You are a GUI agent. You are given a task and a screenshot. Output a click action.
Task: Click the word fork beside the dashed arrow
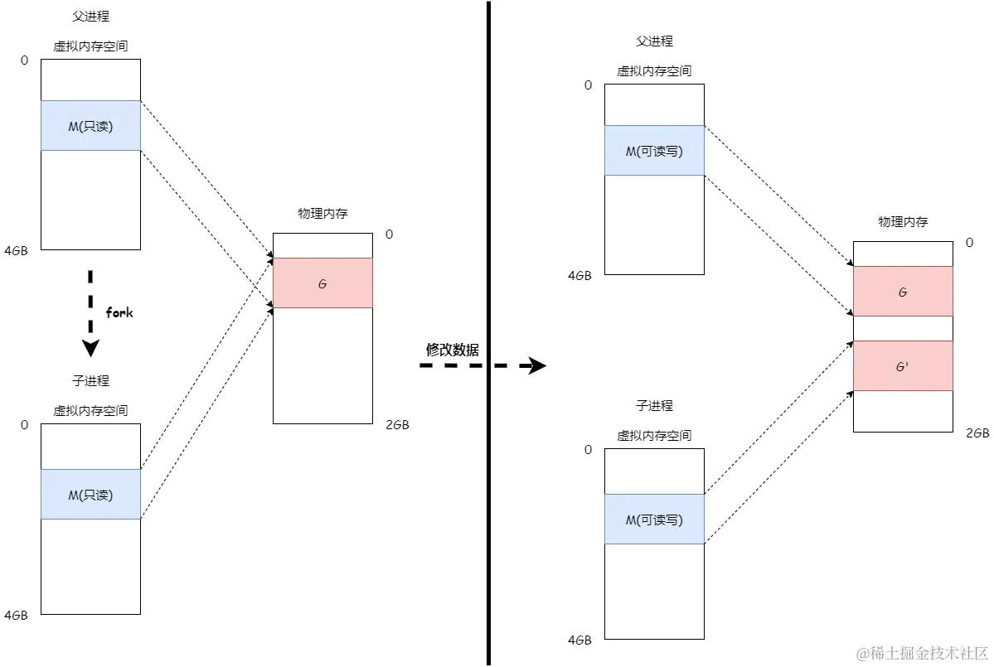pos(119,313)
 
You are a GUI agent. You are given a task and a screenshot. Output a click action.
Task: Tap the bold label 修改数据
pos(452,350)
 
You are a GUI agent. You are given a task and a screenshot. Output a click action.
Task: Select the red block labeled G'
pos(903,365)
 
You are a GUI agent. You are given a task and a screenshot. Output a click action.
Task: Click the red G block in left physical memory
pos(322,283)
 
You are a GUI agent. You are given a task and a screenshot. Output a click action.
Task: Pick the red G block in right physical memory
pos(903,292)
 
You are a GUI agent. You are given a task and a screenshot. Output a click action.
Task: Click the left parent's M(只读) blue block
pos(90,126)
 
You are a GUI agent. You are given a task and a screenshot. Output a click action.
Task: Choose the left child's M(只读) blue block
pos(90,495)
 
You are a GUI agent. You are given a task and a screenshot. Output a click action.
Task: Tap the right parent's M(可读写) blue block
pos(654,151)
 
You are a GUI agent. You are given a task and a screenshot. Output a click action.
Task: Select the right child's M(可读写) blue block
pos(654,520)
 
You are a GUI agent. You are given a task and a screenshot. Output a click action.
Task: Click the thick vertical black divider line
pos(488,331)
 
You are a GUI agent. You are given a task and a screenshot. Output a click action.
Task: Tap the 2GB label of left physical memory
pos(397,425)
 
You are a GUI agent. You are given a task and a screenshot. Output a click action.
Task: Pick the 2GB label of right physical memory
pos(977,433)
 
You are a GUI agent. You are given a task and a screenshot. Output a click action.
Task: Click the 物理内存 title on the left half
pos(322,214)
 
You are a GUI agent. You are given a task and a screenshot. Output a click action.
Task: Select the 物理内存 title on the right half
pos(903,222)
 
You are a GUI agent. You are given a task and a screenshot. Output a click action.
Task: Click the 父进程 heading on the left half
pos(90,17)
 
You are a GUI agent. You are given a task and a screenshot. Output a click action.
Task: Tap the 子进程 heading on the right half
pos(654,406)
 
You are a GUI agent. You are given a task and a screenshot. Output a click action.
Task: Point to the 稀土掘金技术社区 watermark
pos(921,652)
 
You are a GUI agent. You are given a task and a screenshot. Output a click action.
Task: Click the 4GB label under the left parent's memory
pos(16,250)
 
